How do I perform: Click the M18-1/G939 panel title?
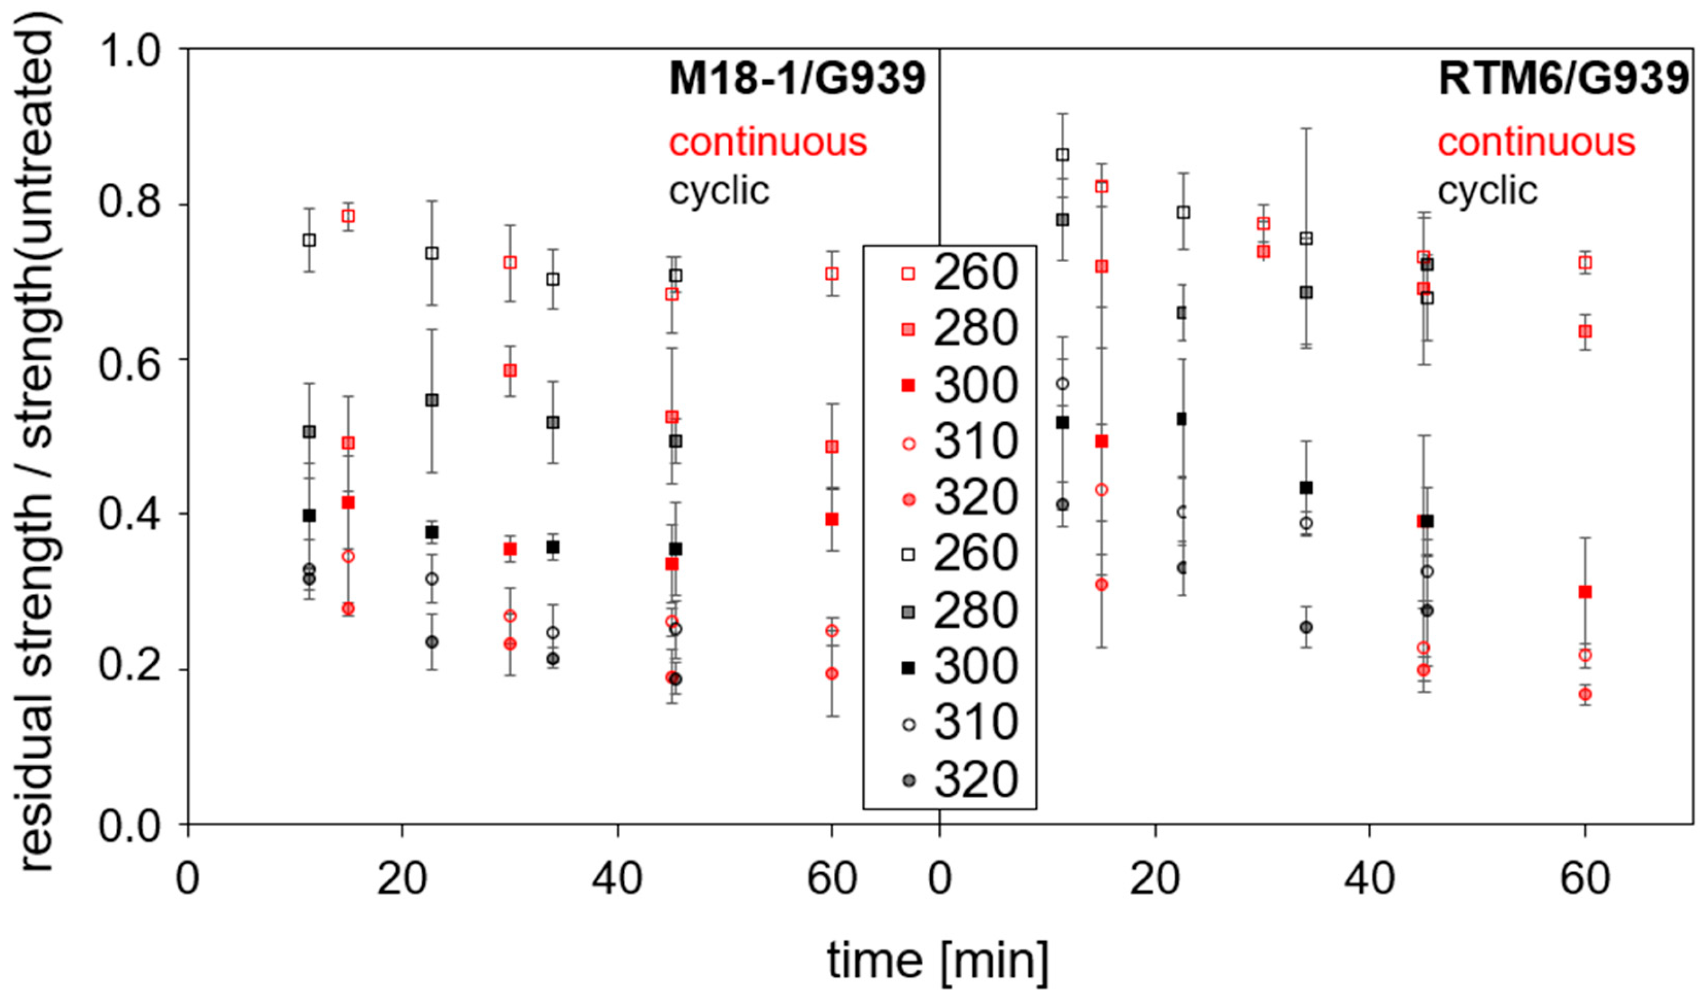tap(796, 78)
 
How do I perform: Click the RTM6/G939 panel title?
tap(1564, 78)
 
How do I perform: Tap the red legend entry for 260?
tap(961, 273)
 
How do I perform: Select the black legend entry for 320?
tap(961, 780)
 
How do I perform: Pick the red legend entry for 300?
tap(961, 385)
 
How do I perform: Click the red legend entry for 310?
tap(961, 442)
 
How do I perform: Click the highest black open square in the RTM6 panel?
tap(1062, 155)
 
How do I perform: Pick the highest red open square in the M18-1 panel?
tap(348, 216)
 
